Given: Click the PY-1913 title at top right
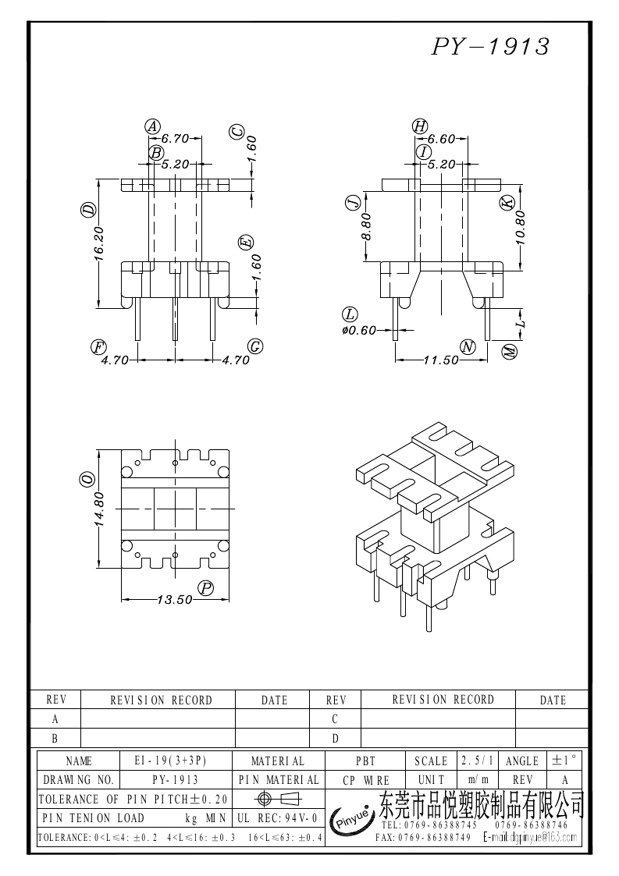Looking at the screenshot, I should click(x=491, y=47).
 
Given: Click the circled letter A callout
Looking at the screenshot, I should click(x=153, y=126).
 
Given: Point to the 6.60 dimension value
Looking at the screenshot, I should click(x=441, y=139).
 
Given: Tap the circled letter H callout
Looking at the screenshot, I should click(x=420, y=126).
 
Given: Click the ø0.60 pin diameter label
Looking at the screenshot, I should click(x=360, y=330).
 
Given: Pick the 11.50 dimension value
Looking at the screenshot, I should click(x=440, y=360).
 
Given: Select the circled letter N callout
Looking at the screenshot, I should click(x=468, y=347).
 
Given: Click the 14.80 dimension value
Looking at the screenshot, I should click(x=99, y=509).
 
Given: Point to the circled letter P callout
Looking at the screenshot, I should click(x=205, y=588).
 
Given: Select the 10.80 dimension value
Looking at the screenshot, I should click(x=521, y=228).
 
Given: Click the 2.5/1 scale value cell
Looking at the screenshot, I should click(x=475, y=761).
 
